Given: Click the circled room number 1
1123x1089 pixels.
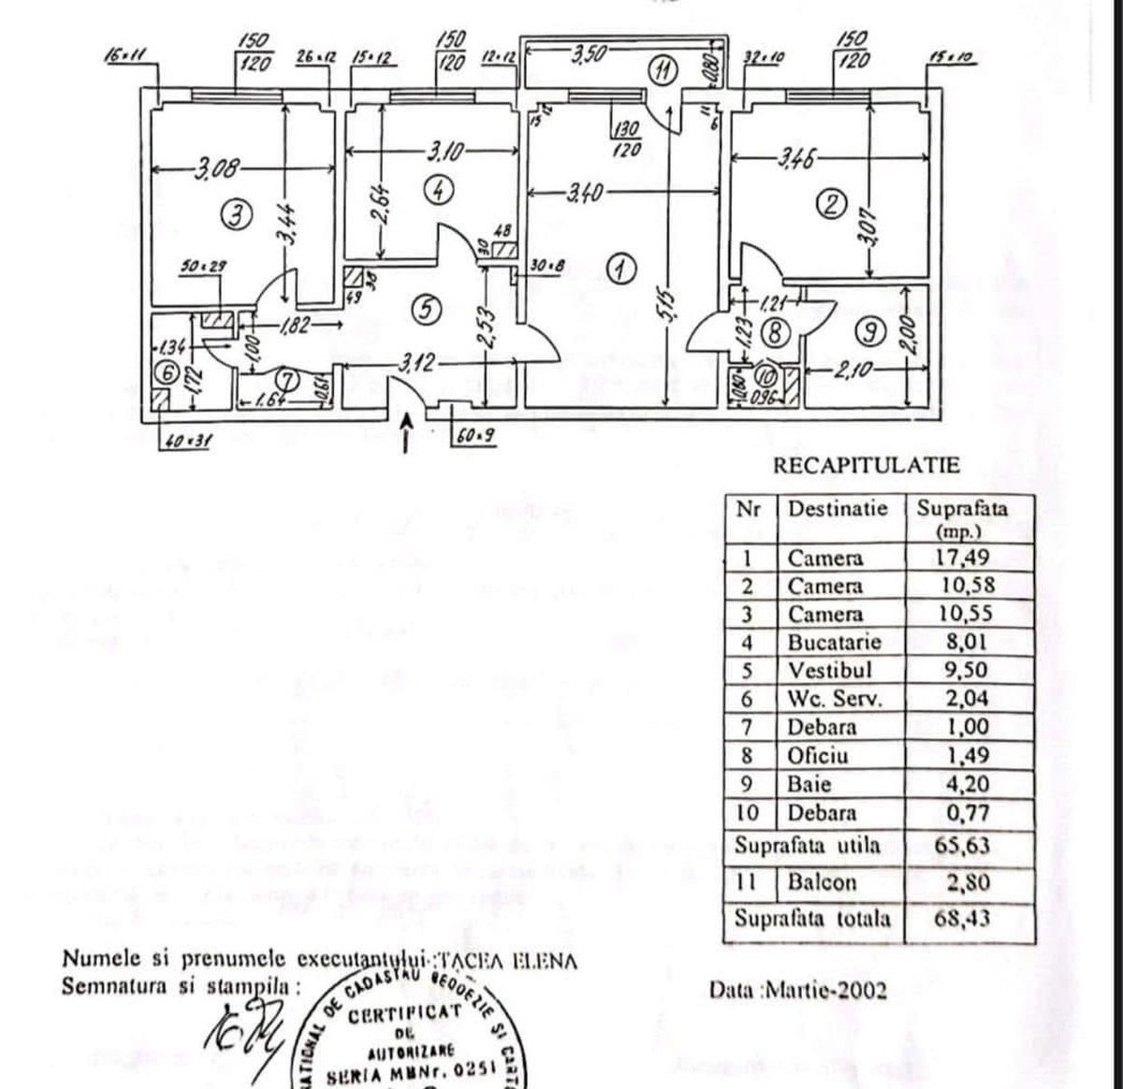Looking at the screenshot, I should pyautogui.click(x=619, y=269).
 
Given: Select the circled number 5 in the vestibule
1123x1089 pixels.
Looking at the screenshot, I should pyautogui.click(x=427, y=311).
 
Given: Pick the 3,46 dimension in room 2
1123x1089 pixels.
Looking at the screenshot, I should pyautogui.click(x=792, y=159).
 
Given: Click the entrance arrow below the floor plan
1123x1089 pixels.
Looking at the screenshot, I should pyautogui.click(x=407, y=433).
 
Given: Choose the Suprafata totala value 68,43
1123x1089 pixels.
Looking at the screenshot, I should pyautogui.click(x=962, y=917).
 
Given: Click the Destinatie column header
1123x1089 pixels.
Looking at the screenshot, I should pyautogui.click(x=837, y=509).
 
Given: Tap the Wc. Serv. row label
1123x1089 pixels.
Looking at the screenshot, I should pyautogui.click(x=834, y=698).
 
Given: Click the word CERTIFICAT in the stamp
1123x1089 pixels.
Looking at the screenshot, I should pyautogui.click(x=404, y=1013).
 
